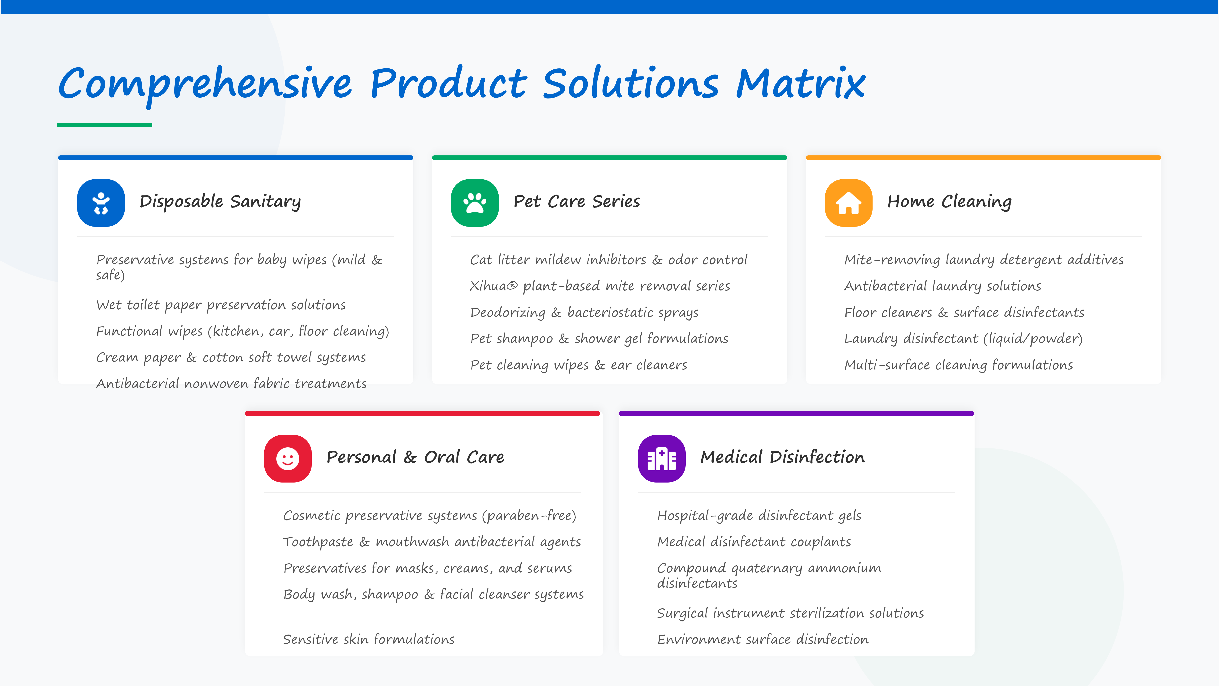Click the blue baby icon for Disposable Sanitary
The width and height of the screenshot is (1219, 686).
click(101, 203)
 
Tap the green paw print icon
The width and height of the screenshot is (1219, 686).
click(475, 203)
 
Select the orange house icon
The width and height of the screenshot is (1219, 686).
click(848, 203)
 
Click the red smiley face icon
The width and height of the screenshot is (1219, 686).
click(288, 458)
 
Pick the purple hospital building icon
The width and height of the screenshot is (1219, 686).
click(662, 458)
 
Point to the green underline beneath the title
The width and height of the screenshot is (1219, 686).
click(105, 125)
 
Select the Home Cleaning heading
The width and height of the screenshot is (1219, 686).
click(949, 202)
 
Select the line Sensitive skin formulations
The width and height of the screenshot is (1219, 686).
click(369, 640)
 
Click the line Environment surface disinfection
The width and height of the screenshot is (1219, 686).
click(763, 640)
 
